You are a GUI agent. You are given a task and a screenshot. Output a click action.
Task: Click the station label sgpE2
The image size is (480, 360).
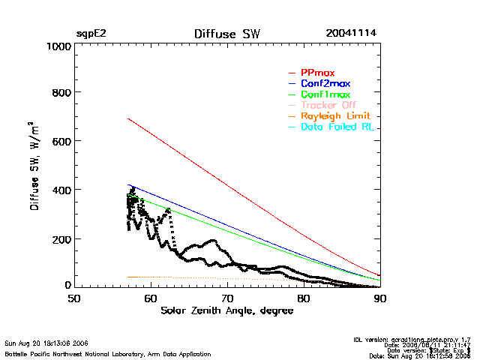pos(91,34)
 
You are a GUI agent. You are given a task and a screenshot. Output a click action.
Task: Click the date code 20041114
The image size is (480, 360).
pos(351,34)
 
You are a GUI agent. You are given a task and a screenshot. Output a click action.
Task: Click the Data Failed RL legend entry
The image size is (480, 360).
pos(337,127)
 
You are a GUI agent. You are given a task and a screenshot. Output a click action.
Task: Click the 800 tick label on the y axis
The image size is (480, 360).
pos(61,93)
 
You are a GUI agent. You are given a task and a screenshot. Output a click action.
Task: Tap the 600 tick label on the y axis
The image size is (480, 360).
pos(61,142)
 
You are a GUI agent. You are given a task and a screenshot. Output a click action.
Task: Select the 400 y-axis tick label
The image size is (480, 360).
pos(61,190)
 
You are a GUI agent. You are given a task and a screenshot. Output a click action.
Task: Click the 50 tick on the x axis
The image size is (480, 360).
pos(74,298)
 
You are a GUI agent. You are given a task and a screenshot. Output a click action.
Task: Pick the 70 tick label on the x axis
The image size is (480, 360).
pos(227,298)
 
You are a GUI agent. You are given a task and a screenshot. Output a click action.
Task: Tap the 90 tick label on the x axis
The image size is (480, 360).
pos(380,298)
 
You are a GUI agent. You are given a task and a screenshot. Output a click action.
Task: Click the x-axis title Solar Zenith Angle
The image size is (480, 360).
pos(227,310)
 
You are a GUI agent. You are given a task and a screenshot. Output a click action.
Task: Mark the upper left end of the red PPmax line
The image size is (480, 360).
pos(128,118)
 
